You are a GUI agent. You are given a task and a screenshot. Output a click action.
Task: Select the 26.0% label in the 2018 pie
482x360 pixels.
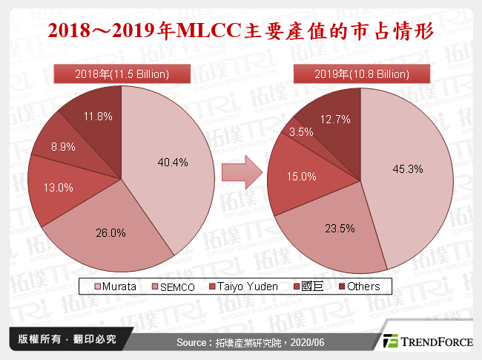(112, 232)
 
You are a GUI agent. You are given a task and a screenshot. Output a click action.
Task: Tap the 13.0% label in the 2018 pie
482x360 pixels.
(59, 188)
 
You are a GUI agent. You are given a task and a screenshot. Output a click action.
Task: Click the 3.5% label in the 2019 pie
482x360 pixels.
(301, 132)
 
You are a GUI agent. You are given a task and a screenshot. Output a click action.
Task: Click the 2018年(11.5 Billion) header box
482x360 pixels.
(122, 74)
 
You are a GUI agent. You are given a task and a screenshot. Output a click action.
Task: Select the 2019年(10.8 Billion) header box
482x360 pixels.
(361, 74)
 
